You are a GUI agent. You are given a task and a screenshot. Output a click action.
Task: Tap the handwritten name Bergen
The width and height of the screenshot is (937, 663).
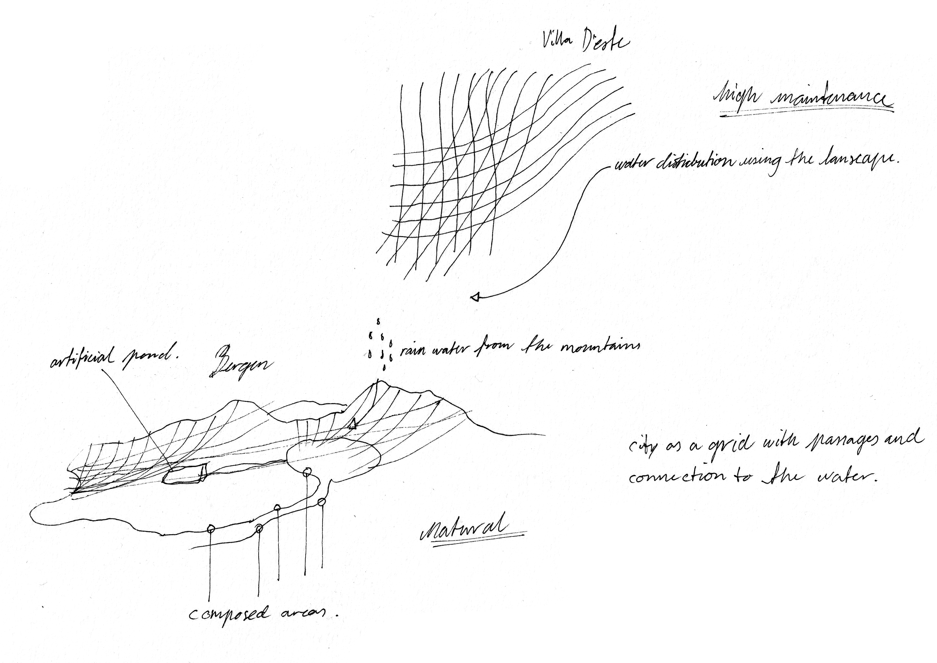pos(240,364)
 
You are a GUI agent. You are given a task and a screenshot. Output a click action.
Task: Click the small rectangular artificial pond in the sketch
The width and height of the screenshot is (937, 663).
pos(185,475)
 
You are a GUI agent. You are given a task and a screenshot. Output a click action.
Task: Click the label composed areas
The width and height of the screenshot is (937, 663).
pos(263,614)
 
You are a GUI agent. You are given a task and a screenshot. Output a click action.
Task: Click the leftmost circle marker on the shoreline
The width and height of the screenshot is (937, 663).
pos(211,529)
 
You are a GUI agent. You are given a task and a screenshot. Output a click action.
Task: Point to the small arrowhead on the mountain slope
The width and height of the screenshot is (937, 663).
pos(352,424)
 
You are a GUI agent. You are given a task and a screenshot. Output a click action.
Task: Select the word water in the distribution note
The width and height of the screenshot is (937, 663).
pos(633,163)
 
